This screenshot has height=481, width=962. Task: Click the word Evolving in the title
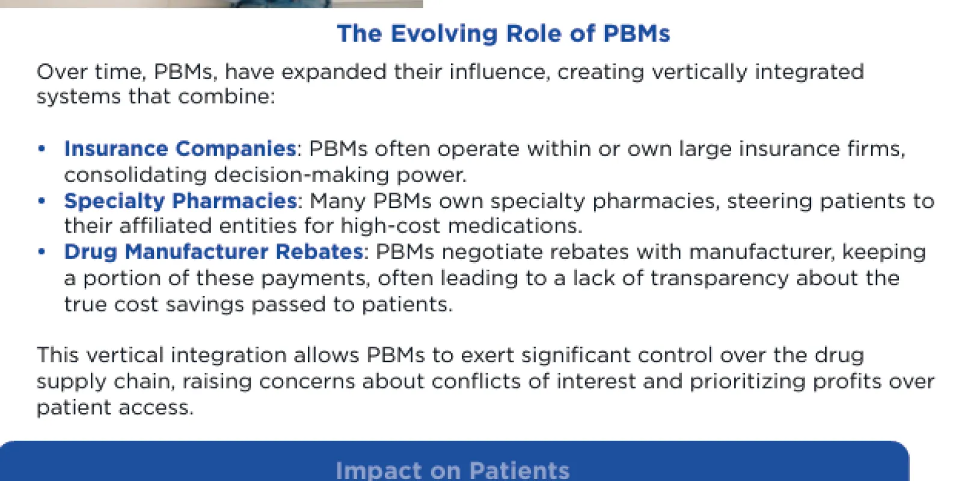(x=444, y=34)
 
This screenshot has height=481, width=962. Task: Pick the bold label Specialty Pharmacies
(x=180, y=201)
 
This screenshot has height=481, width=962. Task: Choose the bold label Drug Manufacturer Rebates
(x=214, y=252)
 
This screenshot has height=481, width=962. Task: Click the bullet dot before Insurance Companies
(x=41, y=149)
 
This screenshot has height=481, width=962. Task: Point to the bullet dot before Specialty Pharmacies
(x=41, y=201)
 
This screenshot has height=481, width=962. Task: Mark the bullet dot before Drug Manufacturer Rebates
(x=41, y=252)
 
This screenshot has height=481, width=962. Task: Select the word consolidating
(x=136, y=175)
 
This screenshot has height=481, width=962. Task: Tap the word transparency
(x=720, y=279)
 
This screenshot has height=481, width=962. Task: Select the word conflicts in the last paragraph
(x=476, y=382)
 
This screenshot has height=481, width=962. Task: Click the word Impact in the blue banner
(x=379, y=471)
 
